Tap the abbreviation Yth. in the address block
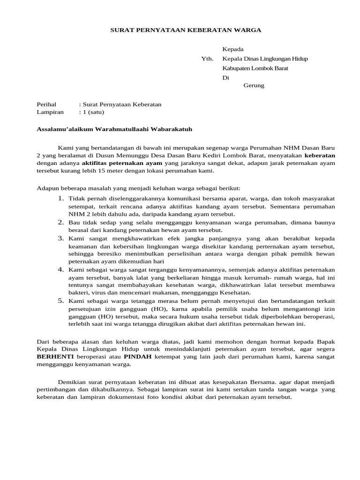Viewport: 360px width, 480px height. [207, 59]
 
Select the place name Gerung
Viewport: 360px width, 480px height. [254, 85]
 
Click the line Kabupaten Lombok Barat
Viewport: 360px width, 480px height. [255, 68]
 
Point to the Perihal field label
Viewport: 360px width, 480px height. [46, 104]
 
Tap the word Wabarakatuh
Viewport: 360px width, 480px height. [170, 128]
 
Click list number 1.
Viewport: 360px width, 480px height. [61, 198]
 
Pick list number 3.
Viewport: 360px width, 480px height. [61, 238]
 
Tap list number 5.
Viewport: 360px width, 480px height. [61, 300]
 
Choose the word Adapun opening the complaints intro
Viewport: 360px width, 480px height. [48, 188]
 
